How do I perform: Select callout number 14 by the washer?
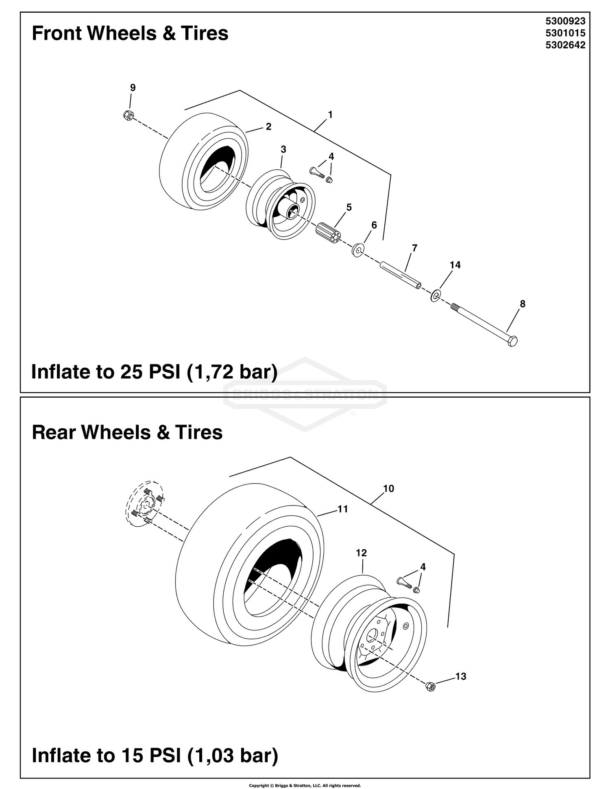(x=455, y=265)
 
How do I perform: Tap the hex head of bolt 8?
(x=512, y=341)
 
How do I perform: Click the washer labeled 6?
(x=357, y=250)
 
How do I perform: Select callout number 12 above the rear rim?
(x=361, y=553)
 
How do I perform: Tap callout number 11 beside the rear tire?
(x=343, y=509)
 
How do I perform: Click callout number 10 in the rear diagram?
(x=388, y=488)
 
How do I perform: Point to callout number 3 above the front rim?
(x=283, y=150)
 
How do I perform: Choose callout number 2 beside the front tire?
(x=268, y=126)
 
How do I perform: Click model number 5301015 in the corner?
(x=565, y=33)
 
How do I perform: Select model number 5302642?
(x=565, y=45)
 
